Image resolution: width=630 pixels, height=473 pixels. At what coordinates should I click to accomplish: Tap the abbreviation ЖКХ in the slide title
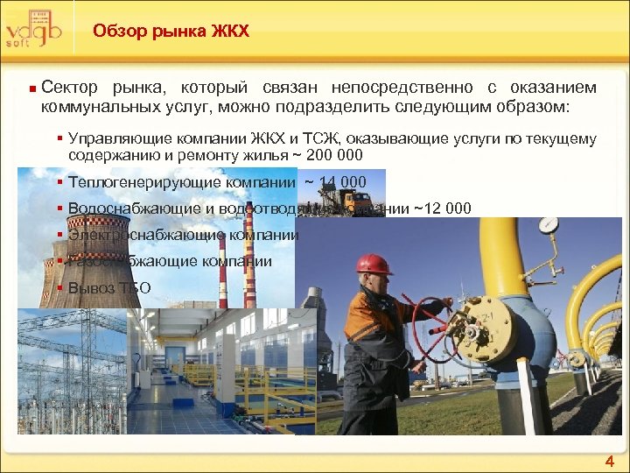(230, 32)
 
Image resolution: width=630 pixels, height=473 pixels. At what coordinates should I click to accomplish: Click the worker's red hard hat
(374, 264)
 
